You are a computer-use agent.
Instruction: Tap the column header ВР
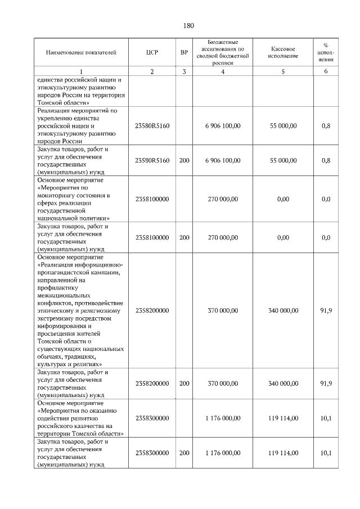pos(184,53)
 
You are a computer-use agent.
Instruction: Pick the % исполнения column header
pos(326,52)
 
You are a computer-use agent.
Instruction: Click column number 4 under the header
pos(223,71)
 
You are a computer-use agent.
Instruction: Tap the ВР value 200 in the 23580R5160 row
pos(184,160)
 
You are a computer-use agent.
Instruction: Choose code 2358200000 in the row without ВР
pos(152,310)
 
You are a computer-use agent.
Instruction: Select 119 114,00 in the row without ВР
pos(282,418)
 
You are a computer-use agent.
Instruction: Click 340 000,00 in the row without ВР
pos(282,310)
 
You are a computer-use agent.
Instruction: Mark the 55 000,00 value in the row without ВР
pos(282,126)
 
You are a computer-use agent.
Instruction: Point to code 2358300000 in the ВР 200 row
pos(152,453)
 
